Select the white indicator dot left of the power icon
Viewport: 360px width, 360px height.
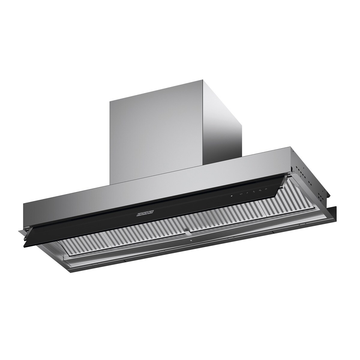231,196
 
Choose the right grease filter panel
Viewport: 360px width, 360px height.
240,222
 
